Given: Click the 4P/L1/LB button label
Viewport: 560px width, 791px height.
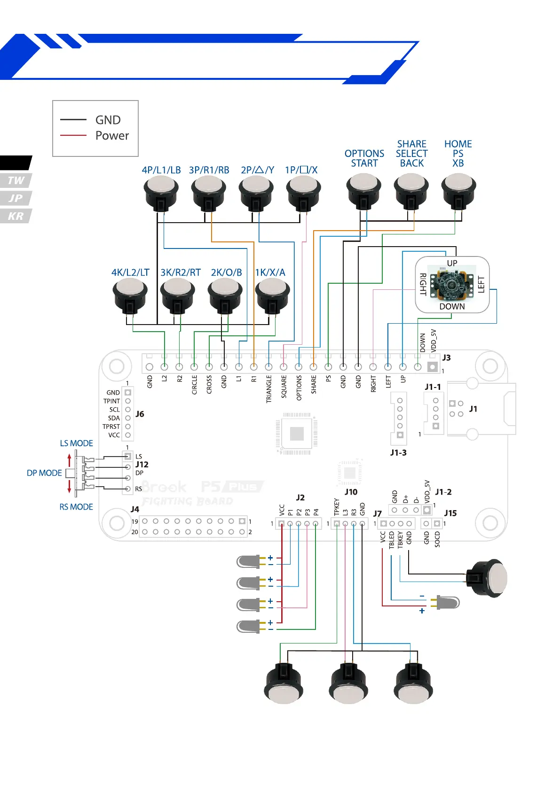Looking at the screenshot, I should click(x=161, y=170).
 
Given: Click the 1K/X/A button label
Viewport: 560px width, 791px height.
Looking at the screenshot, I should click(x=270, y=272).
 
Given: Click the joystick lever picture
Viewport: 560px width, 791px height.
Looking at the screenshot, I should click(x=451, y=285).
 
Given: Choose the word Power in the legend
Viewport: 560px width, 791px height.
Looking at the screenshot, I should click(x=112, y=136).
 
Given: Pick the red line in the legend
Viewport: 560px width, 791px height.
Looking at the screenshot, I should click(x=73, y=135).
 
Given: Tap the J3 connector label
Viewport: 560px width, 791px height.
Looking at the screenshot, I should click(x=446, y=358).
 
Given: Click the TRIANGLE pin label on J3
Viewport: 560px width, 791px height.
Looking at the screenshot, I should click(x=269, y=389).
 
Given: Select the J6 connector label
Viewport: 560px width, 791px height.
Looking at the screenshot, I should click(x=140, y=414).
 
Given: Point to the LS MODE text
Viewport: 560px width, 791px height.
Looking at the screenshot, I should click(x=76, y=443).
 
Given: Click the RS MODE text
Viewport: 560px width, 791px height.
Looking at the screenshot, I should click(x=76, y=507).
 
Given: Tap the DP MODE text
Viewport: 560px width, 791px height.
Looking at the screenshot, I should click(x=44, y=473).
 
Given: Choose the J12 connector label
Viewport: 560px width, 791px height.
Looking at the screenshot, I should click(x=142, y=465).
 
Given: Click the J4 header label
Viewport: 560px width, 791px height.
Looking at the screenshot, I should click(x=135, y=509).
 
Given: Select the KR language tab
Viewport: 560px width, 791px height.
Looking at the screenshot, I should click(x=16, y=216).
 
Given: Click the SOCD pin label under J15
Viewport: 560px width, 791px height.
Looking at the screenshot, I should click(x=437, y=540).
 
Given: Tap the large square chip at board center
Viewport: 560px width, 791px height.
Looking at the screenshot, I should click(x=297, y=434).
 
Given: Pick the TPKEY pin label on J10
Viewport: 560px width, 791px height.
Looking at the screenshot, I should click(x=337, y=507).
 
